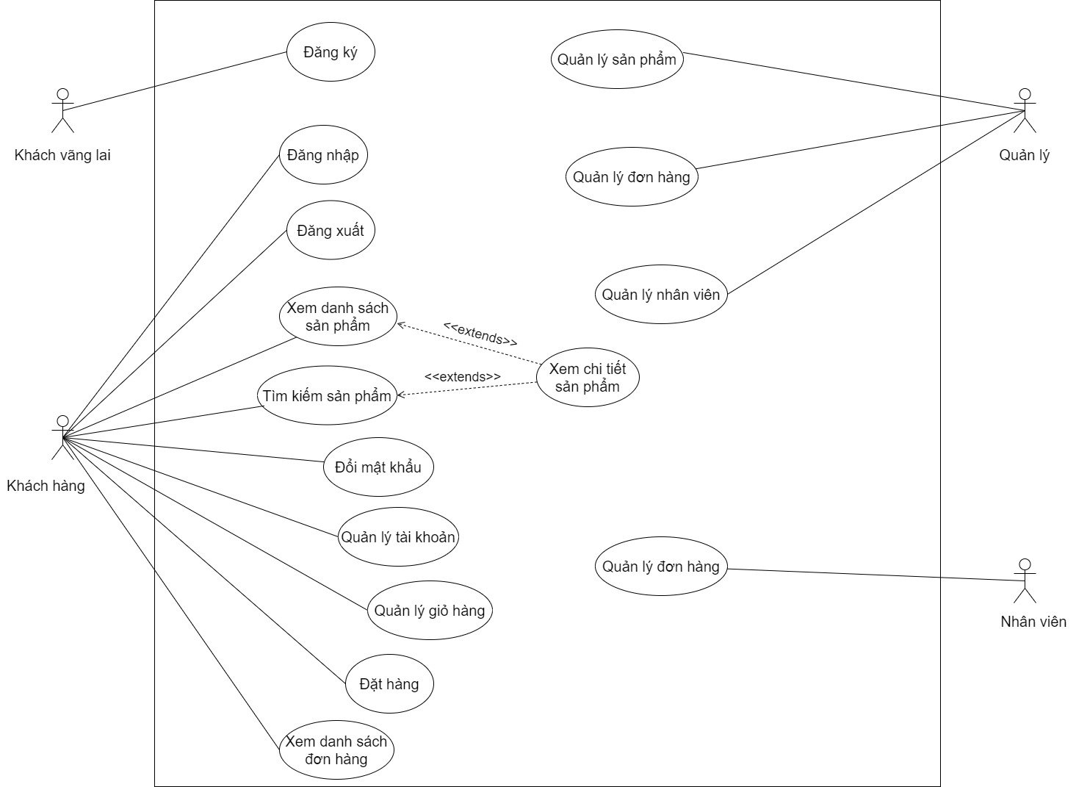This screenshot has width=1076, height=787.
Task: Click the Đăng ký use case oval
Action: [331, 52]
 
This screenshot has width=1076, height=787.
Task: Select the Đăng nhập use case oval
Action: [323, 155]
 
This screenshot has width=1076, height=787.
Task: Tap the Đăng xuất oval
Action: [331, 231]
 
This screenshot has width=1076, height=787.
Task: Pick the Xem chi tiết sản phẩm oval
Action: [588, 377]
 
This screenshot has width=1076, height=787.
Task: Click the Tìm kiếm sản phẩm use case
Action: [327, 396]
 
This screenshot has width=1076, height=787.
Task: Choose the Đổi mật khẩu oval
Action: [378, 467]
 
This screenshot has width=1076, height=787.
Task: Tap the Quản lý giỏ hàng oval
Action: [430, 611]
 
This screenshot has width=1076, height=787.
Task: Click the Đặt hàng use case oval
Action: [389, 684]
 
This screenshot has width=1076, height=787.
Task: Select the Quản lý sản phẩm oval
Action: [617, 60]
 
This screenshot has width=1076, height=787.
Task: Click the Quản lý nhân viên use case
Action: [661, 295]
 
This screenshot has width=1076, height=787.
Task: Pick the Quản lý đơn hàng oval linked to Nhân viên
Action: [661, 567]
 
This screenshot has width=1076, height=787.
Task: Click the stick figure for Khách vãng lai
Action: [63, 110]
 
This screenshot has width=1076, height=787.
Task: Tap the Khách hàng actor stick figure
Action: [63, 438]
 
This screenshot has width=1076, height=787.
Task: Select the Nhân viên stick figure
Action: [1025, 581]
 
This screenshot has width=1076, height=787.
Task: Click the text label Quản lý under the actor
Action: [1025, 155]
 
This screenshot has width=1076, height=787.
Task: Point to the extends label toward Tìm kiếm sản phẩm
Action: [463, 377]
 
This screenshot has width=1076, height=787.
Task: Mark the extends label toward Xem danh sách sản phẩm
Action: [480, 334]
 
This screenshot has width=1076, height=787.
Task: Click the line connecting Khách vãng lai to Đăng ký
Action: [176, 81]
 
